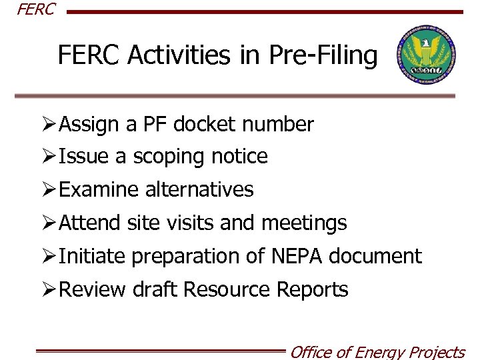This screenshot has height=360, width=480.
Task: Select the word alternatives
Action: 199,189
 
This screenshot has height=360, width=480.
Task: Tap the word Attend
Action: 90,223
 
